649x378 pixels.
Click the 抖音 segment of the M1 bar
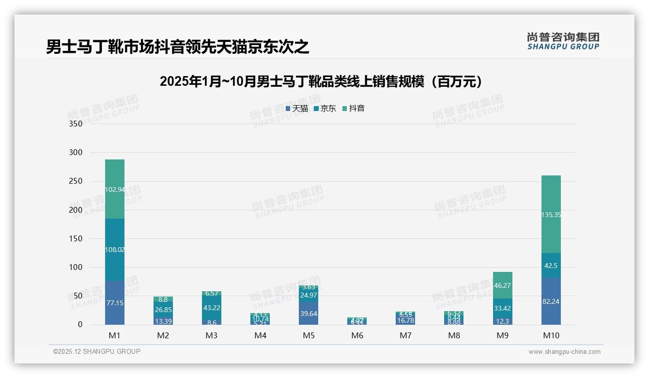[115, 189]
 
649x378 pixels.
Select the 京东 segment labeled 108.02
[115, 250]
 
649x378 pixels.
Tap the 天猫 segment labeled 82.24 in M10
[551, 301]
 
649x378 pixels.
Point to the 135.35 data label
[551, 215]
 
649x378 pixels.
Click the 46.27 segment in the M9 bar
[503, 285]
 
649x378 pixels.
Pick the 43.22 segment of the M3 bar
[212, 308]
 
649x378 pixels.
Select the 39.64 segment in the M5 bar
[309, 314]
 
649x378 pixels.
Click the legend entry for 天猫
[297, 109]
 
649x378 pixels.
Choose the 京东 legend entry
[325, 109]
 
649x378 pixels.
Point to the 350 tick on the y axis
[76, 124]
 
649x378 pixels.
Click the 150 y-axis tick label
[76, 238]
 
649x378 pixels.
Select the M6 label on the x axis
[357, 335]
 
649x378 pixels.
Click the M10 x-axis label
[551, 335]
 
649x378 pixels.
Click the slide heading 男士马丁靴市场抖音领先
[177, 47]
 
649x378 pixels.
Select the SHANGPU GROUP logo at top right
[563, 41]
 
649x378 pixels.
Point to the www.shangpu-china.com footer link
[564, 352]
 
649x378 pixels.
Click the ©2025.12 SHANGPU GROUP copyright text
[97, 352]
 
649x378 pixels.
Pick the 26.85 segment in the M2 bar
[163, 310]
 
